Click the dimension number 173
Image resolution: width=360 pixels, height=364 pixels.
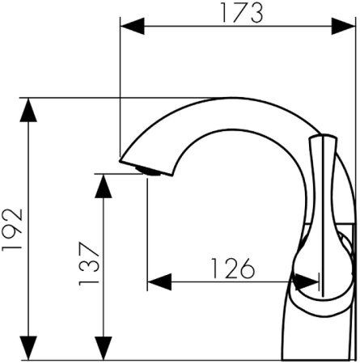click(x=242, y=13)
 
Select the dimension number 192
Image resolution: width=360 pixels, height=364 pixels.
click(x=12, y=230)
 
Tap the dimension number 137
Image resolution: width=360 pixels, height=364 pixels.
click(x=89, y=264)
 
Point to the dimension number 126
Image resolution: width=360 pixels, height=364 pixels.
click(x=232, y=269)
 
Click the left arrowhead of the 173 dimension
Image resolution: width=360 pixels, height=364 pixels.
click(x=132, y=26)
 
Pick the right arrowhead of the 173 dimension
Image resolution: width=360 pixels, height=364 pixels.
click(x=343, y=26)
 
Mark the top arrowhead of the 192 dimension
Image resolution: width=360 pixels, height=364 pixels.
click(x=28, y=110)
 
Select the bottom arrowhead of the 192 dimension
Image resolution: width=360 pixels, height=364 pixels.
click(x=28, y=348)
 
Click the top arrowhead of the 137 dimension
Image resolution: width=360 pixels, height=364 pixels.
click(x=104, y=186)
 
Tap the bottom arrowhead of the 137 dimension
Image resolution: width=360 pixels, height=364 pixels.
click(x=104, y=348)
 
